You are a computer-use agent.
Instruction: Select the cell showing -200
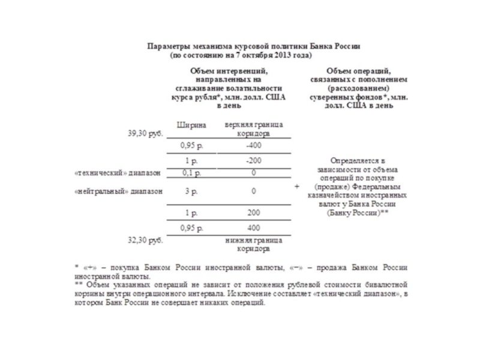[254, 161]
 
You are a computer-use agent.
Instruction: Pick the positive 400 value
[254, 228]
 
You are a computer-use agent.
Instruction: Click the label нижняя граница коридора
[254, 244]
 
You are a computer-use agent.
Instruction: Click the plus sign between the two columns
[298, 187]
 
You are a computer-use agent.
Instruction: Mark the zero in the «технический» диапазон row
[254, 173]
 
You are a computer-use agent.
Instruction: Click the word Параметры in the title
[167, 46]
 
